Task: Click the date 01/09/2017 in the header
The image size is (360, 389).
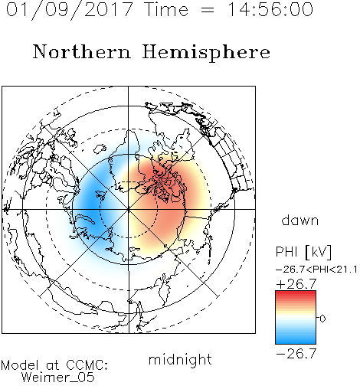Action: coord(69,10)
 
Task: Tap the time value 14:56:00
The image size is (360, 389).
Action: coord(270,9)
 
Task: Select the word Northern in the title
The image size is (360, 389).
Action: coord(82,51)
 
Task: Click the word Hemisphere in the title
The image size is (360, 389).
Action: coord(206,53)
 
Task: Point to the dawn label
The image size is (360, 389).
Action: coord(300,220)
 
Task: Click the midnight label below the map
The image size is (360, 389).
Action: coord(180,360)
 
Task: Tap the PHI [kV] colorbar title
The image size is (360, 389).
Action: coord(303,252)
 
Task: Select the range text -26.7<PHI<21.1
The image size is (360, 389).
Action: coord(316,270)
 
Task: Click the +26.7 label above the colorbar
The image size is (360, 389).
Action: coord(296,284)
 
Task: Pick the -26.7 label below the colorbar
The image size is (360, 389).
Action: coord(296,354)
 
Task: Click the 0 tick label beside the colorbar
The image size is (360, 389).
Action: coord(322,319)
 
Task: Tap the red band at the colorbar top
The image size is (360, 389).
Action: coord(296,293)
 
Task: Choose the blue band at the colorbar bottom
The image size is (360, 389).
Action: coord(296,341)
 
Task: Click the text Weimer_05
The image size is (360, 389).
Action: coord(58,377)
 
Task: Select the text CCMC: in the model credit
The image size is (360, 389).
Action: coord(87,365)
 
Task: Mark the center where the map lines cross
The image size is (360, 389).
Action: coord(129,209)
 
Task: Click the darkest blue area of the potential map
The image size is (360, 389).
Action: coord(90,204)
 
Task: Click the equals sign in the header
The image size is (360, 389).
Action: coord(207,10)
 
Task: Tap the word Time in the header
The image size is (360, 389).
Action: coord(166,9)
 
